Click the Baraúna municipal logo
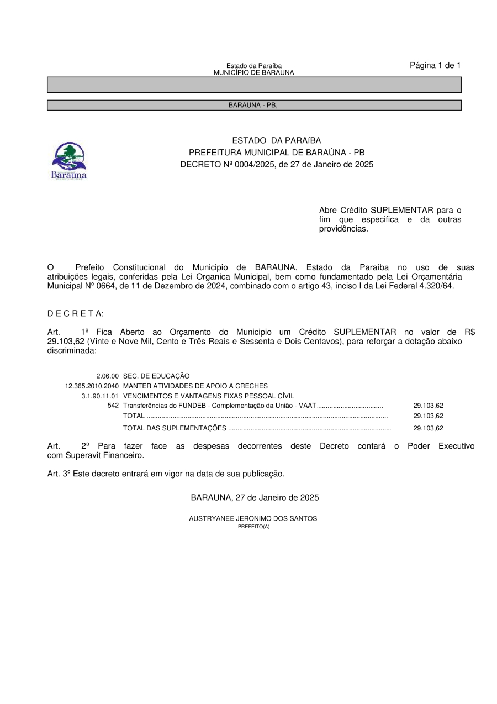pos(69,160)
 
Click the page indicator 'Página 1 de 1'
pos(435,65)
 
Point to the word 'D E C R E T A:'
pos(76,313)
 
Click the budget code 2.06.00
pos(107,376)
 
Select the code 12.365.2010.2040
pos(92,386)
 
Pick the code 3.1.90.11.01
pos(100,396)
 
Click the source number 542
pos(113,406)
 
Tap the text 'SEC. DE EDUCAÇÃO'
pos(156,376)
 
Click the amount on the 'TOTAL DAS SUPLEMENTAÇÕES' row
pos(428,428)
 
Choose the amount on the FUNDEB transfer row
pos(428,406)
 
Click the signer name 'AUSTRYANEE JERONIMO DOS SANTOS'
pos(253,519)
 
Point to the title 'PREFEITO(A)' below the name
pos(253,527)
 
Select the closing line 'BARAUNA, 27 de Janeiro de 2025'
pos(255,497)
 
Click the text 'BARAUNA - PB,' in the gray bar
pos(253,105)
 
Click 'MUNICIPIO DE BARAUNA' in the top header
pos(253,72)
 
